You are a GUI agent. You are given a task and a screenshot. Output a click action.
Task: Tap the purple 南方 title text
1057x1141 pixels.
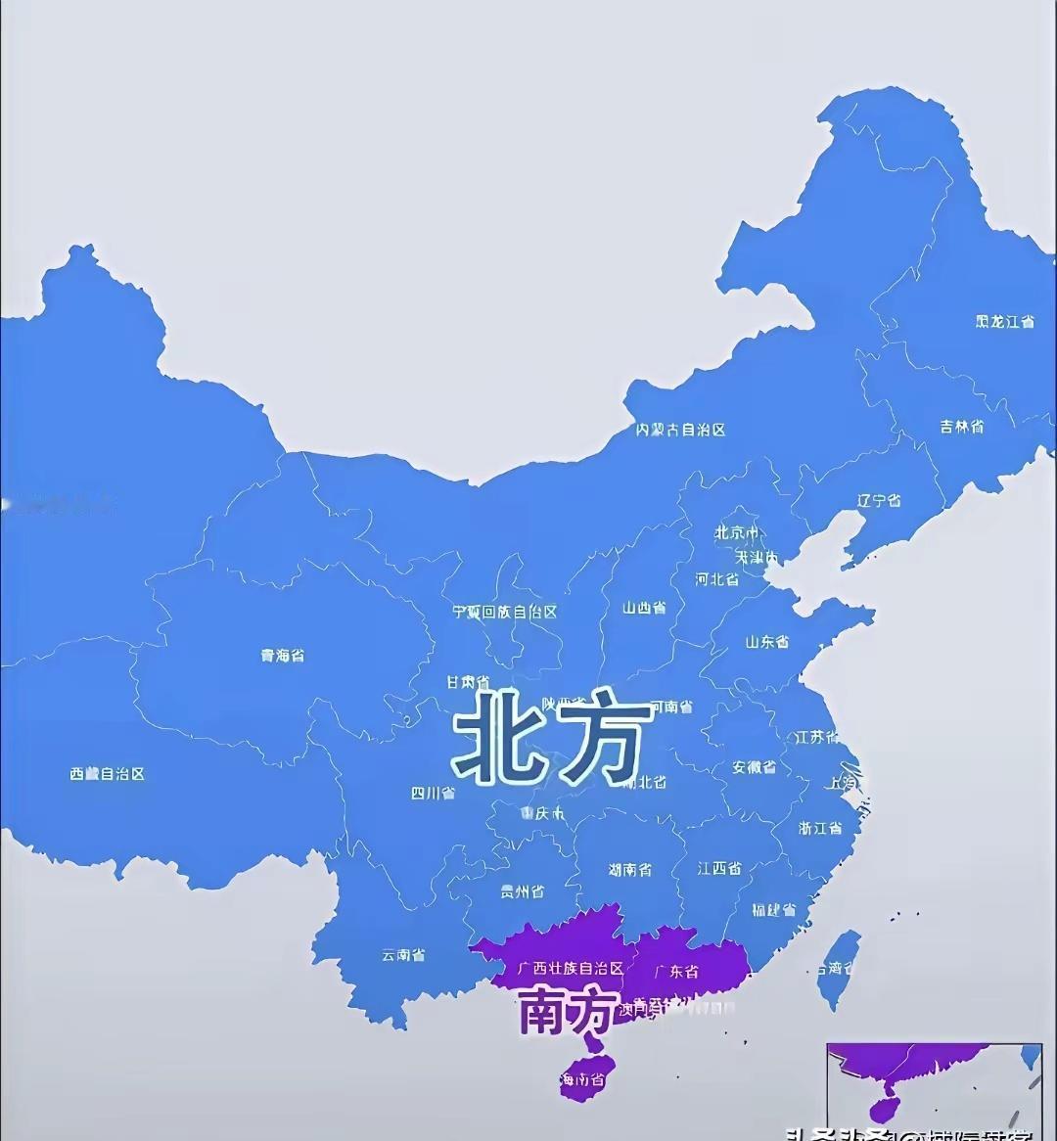[568, 1010]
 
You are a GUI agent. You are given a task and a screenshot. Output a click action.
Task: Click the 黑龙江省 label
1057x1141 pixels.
[1003, 321]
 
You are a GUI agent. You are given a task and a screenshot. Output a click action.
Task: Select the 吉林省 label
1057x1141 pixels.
[962, 427]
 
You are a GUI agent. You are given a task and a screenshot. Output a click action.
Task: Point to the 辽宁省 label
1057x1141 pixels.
[879, 500]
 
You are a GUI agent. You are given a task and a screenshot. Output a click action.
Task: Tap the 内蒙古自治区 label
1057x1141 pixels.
[680, 429]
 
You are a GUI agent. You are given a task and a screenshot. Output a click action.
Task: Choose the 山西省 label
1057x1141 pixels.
[644, 608]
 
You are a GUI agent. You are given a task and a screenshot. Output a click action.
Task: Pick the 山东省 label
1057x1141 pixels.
[767, 642]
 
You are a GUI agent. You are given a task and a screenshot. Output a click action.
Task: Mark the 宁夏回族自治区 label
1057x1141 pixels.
[504, 612]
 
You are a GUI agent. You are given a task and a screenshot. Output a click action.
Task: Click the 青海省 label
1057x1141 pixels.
[282, 655]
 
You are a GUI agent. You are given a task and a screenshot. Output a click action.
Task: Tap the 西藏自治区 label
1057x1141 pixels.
[107, 774]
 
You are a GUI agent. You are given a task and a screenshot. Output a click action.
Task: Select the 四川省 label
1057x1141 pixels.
[433, 793]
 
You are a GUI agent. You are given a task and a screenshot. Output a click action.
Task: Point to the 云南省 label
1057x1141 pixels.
[403, 955]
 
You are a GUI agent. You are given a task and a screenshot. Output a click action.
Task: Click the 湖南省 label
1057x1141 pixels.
[629, 869]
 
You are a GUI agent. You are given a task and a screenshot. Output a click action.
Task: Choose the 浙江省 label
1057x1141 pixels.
[820, 828]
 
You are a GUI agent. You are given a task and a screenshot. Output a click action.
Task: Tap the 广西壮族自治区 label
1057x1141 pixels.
[571, 968]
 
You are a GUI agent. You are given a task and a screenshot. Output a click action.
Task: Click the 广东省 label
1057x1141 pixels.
[676, 972]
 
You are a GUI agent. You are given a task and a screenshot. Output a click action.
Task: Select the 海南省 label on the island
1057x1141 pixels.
[582, 1080]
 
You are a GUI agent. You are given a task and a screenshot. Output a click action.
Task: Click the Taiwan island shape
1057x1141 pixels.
[838, 967]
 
